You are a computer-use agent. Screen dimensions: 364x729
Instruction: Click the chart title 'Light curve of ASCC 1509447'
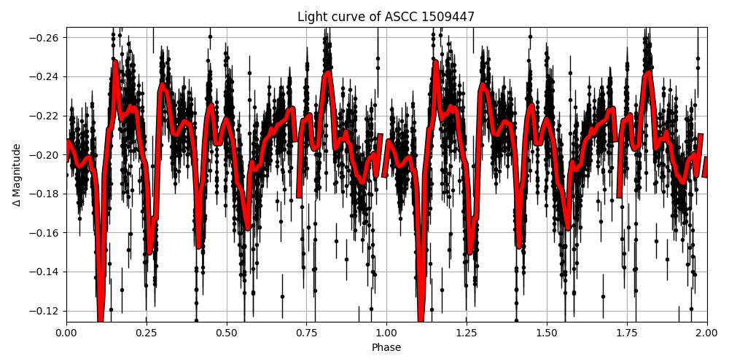[x=386, y=17]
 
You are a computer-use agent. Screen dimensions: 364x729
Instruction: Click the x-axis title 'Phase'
[x=386, y=348]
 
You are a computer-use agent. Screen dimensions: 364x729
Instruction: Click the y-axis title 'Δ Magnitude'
[x=17, y=175]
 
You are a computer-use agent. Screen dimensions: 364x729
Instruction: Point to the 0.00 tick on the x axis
[x=66, y=333]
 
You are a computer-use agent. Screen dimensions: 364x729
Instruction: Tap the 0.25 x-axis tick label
[x=147, y=333]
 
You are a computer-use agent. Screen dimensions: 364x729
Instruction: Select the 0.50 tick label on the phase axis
[x=227, y=333]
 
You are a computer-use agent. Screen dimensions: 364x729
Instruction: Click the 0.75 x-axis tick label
[x=306, y=333]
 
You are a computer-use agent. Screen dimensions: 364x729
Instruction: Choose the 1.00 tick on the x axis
[x=386, y=333]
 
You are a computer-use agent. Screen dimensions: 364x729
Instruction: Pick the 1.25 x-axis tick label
[x=467, y=333]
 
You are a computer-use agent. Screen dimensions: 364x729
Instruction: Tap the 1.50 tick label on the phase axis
[x=547, y=333]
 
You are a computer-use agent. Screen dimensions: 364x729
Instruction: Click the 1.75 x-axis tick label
[x=627, y=333]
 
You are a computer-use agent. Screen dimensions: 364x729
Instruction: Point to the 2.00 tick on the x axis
[x=706, y=333]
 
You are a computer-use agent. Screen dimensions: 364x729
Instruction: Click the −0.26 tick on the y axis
[x=45, y=38]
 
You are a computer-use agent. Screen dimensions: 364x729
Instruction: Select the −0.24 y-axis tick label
[x=45, y=77]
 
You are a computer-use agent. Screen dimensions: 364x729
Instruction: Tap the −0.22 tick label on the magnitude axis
[x=45, y=116]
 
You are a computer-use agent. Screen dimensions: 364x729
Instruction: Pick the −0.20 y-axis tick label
[x=45, y=155]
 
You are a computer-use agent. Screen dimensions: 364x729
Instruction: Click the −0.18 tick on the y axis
[x=45, y=194]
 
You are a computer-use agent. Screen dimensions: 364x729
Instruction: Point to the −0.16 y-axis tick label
[x=45, y=233]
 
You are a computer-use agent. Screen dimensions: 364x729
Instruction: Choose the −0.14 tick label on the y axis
[x=45, y=272]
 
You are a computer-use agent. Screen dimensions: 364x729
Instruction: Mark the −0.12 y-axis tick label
[x=45, y=311]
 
